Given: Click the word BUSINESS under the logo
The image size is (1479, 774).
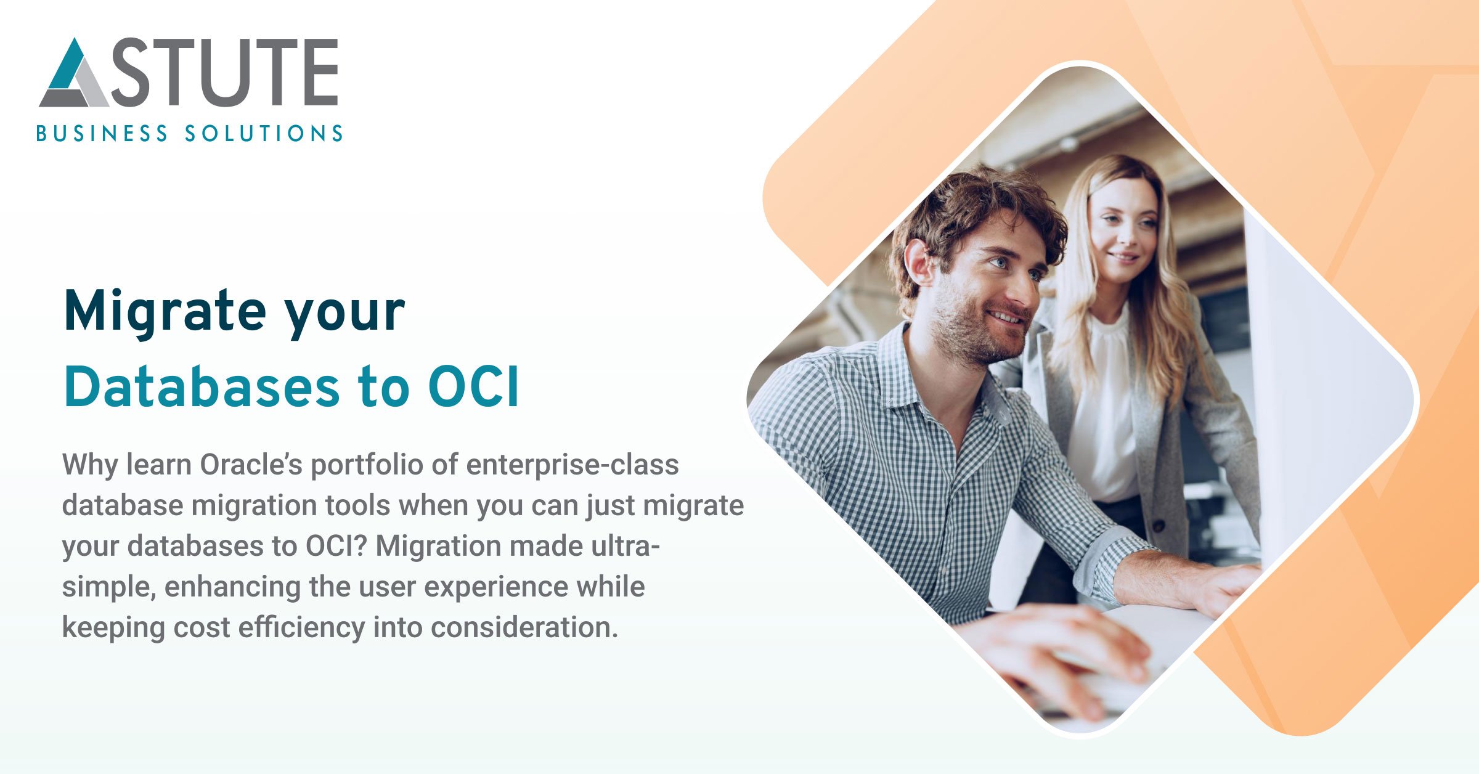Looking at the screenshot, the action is click(x=102, y=134).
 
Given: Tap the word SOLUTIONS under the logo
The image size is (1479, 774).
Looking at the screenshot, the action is click(x=264, y=134).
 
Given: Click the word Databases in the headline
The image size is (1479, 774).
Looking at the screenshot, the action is click(x=202, y=387).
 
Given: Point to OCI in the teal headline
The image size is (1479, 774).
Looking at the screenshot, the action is click(x=474, y=388).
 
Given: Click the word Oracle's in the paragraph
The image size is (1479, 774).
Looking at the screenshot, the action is click(x=251, y=465).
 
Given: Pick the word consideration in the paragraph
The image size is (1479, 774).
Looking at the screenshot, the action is click(x=524, y=627).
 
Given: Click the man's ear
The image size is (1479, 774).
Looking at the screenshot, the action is click(x=920, y=261).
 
